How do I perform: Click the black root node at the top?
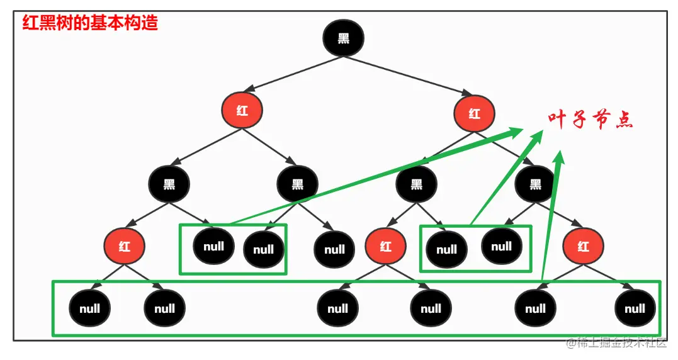click(343, 38)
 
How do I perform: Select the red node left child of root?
click(242, 111)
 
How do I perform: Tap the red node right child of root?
click(474, 113)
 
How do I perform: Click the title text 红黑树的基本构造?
click(90, 23)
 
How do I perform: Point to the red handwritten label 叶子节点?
click(589, 120)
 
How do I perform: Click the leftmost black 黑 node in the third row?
click(169, 184)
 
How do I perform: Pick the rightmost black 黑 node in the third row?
click(534, 184)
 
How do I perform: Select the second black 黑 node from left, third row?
click(297, 184)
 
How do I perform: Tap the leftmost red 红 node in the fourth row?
click(125, 245)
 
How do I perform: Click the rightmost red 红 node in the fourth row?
click(583, 245)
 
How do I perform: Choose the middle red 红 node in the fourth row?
click(385, 246)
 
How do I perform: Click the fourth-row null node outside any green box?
click(334, 249)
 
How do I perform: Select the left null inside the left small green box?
click(213, 245)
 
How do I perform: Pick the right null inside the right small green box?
click(501, 245)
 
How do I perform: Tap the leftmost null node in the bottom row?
click(90, 308)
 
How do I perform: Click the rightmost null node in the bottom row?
click(635, 308)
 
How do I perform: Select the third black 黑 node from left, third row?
click(416, 184)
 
